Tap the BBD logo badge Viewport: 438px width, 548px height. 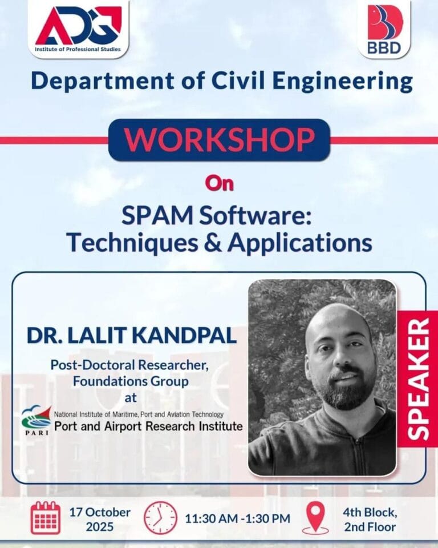(383, 29)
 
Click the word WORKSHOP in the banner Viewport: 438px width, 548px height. (219, 139)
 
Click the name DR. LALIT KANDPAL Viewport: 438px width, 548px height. (132, 335)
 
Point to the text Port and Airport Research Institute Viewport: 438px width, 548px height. (148, 426)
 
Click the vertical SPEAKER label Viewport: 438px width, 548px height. (419, 379)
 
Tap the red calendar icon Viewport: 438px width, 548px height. (46, 518)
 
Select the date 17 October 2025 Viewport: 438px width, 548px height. (100, 518)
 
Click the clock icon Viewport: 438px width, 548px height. (160, 518)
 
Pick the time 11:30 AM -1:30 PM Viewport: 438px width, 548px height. (237, 518)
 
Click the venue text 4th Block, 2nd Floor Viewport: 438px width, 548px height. (370, 518)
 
